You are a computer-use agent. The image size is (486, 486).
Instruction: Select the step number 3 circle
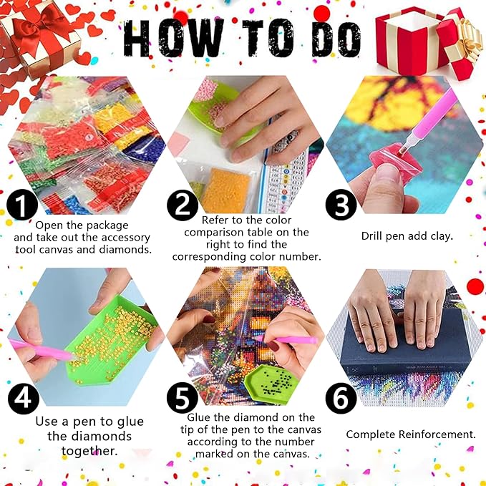341,205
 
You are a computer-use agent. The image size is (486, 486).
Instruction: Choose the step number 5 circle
183,397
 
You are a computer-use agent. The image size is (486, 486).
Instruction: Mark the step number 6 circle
341,397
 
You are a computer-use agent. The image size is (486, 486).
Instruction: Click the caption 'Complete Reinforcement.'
411,434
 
